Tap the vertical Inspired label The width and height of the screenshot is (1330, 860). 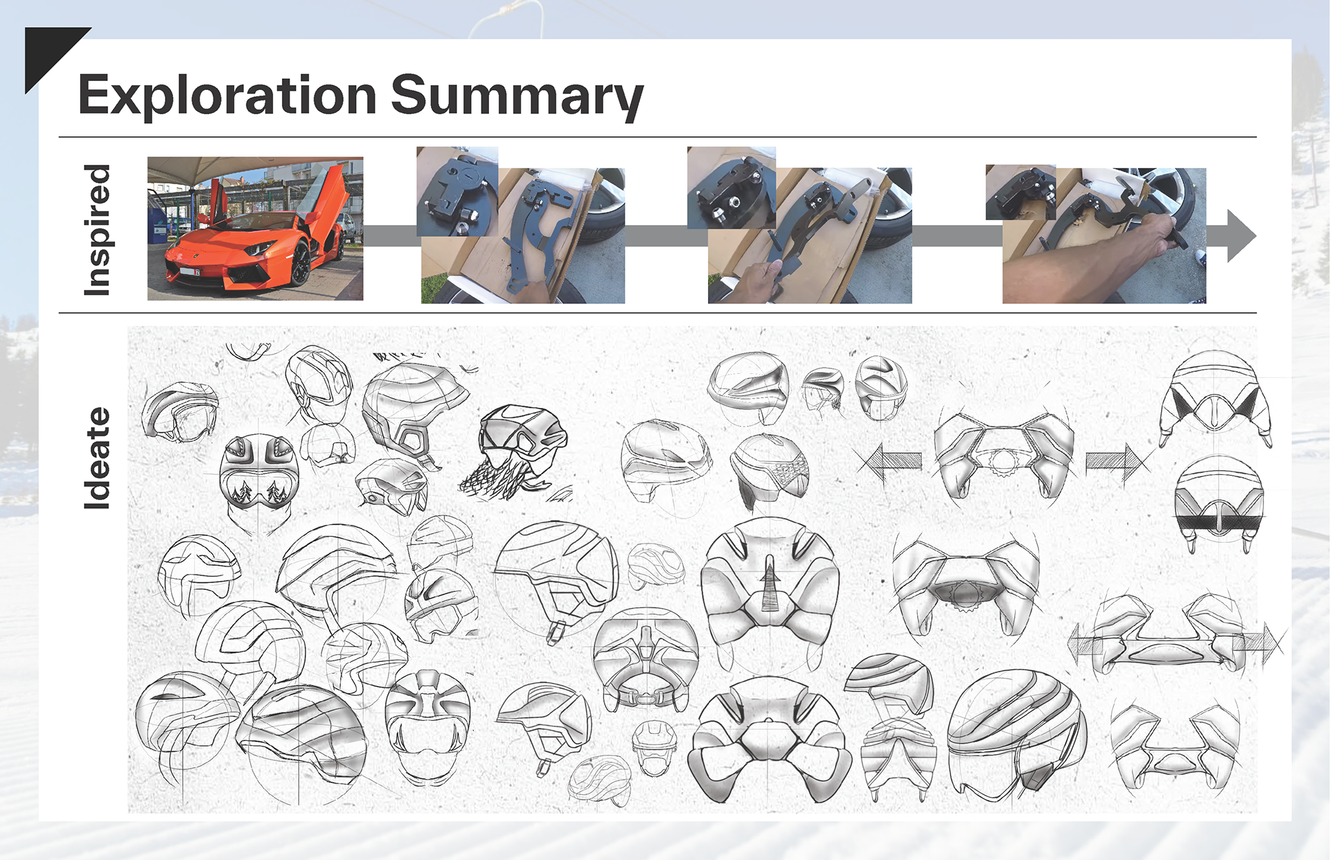tap(97, 230)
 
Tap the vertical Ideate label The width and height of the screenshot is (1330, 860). tap(97, 458)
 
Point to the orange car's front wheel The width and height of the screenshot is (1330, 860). tap(301, 263)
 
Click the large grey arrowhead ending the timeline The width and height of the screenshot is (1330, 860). tap(1240, 235)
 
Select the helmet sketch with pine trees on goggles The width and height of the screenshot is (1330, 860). tap(259, 478)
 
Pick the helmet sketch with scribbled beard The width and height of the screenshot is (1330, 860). tap(520, 450)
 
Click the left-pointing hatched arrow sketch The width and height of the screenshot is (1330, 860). tap(890, 461)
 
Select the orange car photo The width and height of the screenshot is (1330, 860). tap(255, 229)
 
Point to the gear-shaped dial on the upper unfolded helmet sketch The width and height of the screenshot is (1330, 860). tap(1002, 461)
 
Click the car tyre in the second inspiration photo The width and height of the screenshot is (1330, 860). tap(606, 208)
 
